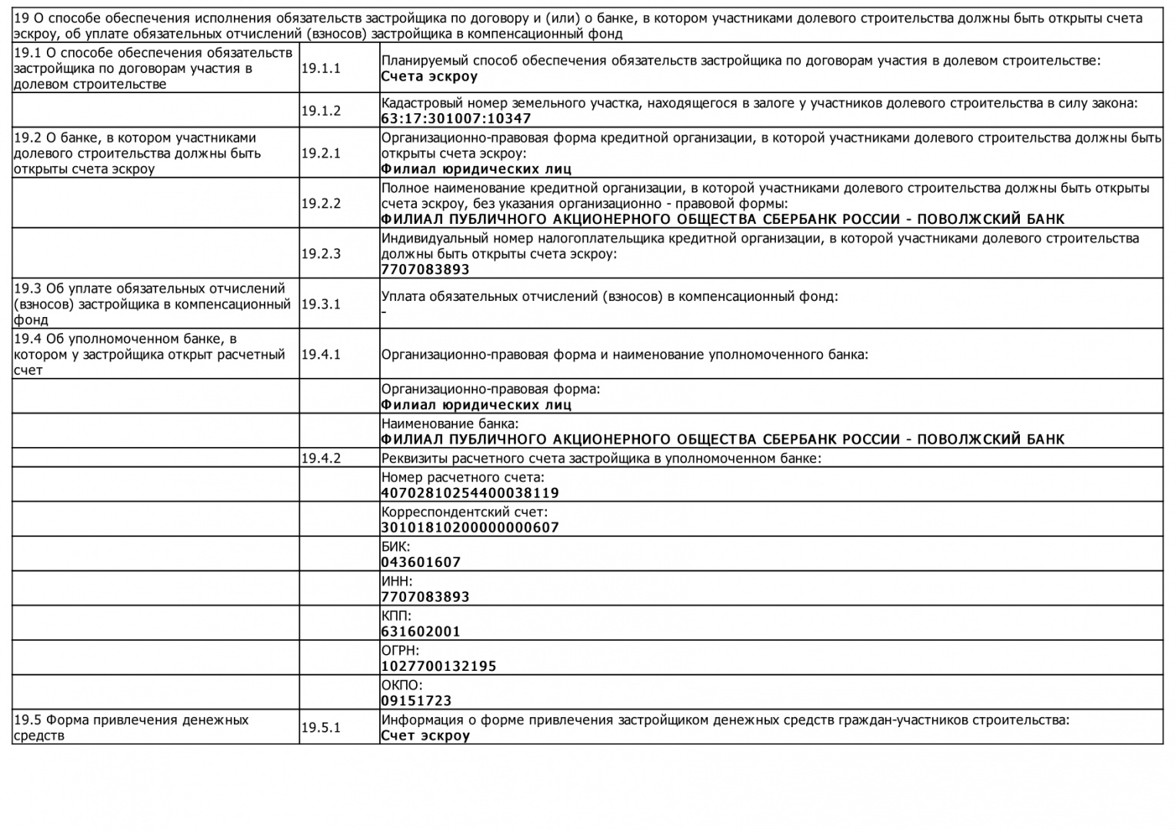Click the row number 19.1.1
tap(321, 68)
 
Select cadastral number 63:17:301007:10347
tap(455, 118)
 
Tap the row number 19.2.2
tap(321, 203)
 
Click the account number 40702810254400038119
tap(470, 493)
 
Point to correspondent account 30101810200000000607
tap(470, 528)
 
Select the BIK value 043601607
tap(421, 562)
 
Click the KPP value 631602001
tap(421, 632)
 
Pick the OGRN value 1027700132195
tap(438, 666)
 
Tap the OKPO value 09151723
tap(416, 701)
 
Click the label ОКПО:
tap(401, 685)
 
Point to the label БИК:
tap(395, 546)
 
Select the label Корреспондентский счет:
tap(464, 512)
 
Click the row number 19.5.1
tap(321, 727)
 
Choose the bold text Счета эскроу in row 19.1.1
tap(429, 76)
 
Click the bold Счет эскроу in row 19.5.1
tap(425, 736)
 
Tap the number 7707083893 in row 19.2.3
tap(425, 269)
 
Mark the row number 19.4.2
tap(321, 459)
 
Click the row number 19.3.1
tap(321, 304)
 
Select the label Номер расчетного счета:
tap(462, 477)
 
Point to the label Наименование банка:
tap(449, 423)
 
